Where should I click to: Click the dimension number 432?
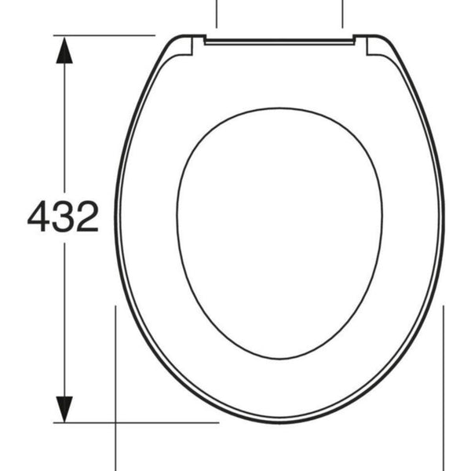click(x=63, y=217)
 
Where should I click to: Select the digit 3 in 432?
click(x=63, y=217)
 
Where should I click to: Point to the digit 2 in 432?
click(x=86, y=217)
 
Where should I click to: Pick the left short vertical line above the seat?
click(x=217, y=14)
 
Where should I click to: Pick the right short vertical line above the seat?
click(x=343, y=14)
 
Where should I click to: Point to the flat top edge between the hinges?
click(x=279, y=38)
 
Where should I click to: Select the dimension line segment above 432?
click(x=64, y=126)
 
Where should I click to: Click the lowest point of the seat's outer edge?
click(x=279, y=422)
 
